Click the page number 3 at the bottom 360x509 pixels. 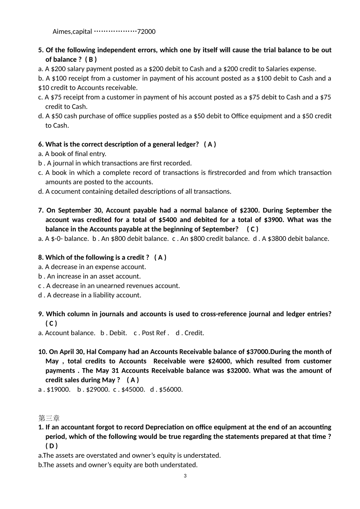185,476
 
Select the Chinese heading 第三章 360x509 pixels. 49,418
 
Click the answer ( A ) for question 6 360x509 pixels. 210,144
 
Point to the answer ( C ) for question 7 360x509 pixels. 252,229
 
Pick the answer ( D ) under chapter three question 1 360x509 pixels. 52,446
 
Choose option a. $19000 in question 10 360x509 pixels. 54,389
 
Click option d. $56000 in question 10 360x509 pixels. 167,389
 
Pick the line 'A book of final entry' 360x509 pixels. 75,154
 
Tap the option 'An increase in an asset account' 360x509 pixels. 93,276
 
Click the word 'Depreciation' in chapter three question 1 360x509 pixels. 167,427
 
